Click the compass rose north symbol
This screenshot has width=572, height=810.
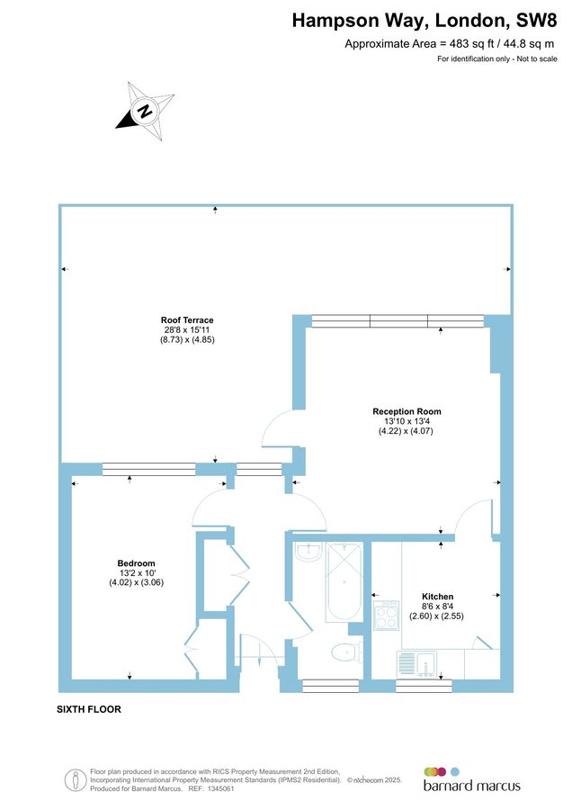pos(143,111)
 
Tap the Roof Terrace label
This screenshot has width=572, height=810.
pos(187,320)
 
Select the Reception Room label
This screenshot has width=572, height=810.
pos(407,411)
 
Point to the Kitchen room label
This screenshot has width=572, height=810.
pos(438,597)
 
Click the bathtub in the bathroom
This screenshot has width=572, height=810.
pos(344,582)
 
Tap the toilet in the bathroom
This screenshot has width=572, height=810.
pos(345,651)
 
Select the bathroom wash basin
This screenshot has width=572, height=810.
pos(308,551)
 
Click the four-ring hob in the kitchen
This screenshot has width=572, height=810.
pos(387,616)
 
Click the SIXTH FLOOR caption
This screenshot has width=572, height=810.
pos(88,709)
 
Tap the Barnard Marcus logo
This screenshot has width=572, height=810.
pos(471,779)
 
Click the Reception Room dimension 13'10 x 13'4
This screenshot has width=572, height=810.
pos(407,421)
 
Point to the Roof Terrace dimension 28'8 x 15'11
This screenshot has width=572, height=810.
pos(187,330)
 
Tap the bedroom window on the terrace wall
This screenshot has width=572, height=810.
pos(148,469)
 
